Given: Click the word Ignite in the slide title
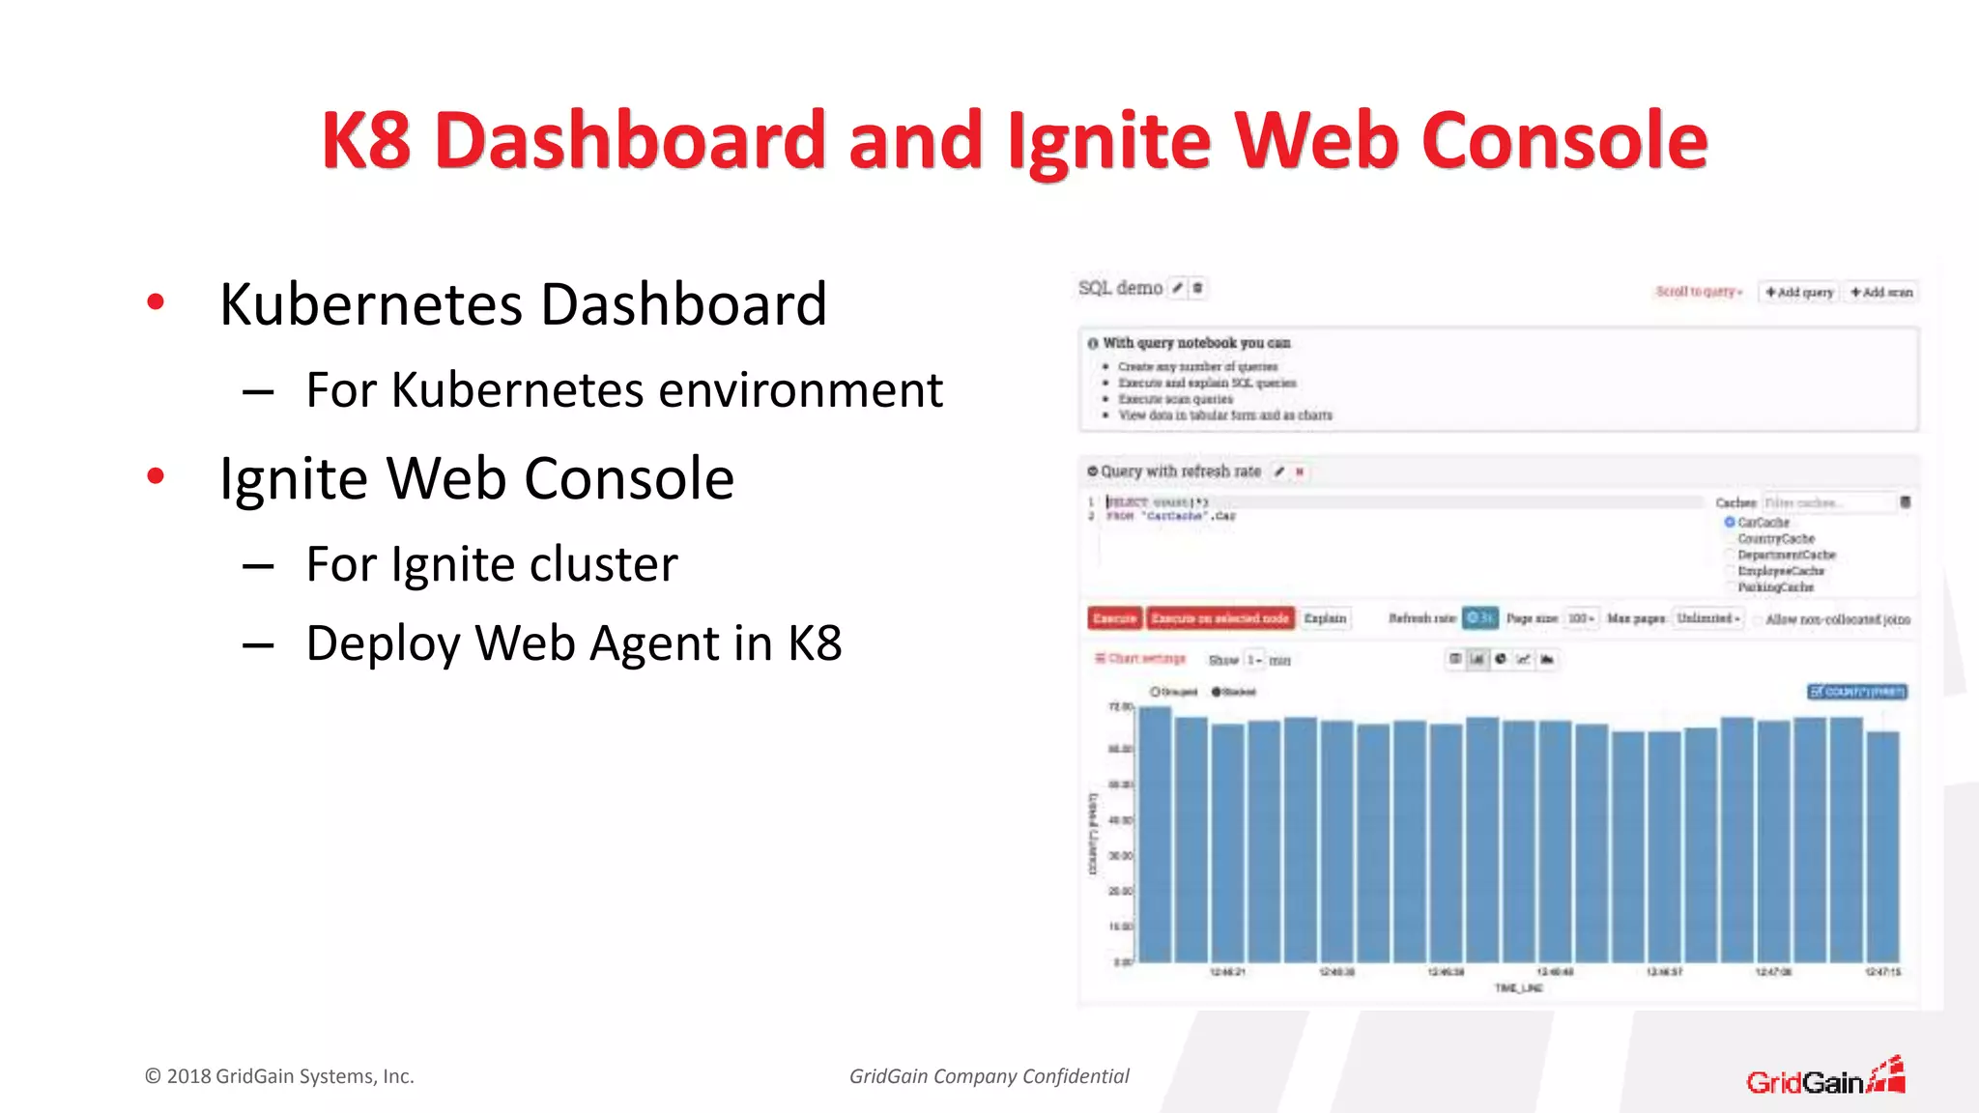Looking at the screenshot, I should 1108,142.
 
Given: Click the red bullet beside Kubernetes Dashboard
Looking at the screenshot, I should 156,302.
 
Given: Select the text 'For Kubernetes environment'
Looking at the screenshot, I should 623,390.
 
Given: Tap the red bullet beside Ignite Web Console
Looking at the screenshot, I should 156,475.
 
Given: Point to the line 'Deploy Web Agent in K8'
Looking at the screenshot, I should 573,643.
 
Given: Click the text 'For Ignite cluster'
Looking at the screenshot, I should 491,564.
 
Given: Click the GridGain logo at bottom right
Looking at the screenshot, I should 1824,1078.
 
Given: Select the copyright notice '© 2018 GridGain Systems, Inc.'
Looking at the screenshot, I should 279,1076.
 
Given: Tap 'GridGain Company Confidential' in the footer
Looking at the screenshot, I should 989,1076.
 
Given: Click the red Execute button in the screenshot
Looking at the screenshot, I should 1114,618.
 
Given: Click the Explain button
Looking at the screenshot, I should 1324,618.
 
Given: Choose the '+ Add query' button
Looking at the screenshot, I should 1798,292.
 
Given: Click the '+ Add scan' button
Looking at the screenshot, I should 1880,292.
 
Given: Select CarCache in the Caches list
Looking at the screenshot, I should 1763,522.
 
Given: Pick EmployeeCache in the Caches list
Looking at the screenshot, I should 1780,571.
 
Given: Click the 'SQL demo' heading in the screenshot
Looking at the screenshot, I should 1120,288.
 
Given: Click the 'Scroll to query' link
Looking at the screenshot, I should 1698,292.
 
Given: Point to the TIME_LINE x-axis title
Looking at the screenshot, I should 1518,987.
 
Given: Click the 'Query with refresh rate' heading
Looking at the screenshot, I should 1180,471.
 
